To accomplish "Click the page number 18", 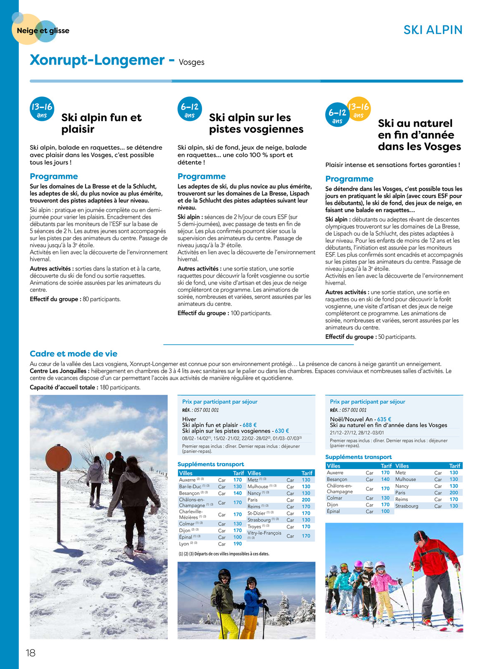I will pos(30,653).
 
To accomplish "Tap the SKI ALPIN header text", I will pos(433,30).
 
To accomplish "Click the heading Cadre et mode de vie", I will pos(73,353).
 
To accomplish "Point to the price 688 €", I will pos(249,425).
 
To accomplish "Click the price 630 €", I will pos(282,431).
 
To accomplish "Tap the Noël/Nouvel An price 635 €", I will pos(384,419).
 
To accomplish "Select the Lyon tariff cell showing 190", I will pos(238,544).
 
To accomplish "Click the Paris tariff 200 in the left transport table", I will pos(306,500).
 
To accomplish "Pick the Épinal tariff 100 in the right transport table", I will pos(385,511).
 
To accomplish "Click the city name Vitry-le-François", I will pos(264,533).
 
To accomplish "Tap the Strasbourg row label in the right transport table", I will pos(407,506).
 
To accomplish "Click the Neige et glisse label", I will pos(43,30).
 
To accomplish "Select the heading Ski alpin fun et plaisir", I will pos(101,123).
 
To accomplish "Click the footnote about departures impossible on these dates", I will pos(224,554).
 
